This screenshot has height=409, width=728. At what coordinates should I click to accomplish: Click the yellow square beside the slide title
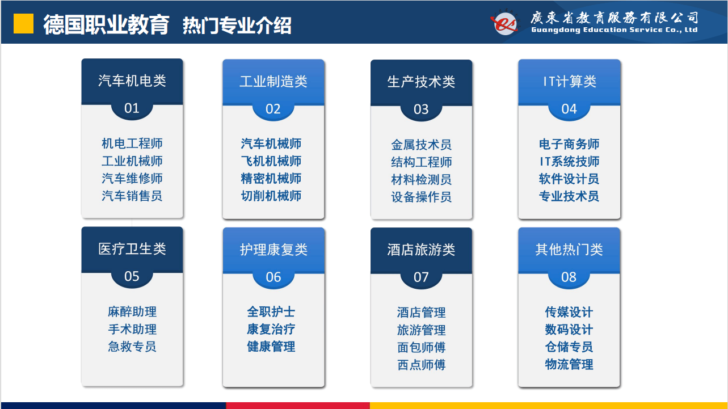(x=23, y=23)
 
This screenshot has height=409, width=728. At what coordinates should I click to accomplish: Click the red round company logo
(x=505, y=23)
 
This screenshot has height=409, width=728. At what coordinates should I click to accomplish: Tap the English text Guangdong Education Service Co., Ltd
(x=615, y=30)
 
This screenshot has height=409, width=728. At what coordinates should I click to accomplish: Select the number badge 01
(x=132, y=108)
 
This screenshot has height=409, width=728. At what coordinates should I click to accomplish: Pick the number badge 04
(x=569, y=109)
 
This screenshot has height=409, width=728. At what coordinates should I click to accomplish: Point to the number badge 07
(x=421, y=277)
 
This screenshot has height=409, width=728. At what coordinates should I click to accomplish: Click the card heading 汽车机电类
(x=132, y=81)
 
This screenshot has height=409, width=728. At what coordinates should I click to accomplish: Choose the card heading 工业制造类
(x=273, y=81)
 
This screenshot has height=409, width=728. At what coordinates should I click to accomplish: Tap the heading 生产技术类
(x=421, y=82)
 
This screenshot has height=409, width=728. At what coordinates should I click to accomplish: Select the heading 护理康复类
(x=273, y=250)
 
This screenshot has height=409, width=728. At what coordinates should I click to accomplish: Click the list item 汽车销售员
(x=132, y=196)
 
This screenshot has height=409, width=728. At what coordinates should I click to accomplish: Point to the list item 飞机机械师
(x=271, y=161)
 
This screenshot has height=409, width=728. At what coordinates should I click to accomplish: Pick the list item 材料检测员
(x=421, y=179)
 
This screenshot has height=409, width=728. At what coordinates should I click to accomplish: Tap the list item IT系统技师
(x=569, y=162)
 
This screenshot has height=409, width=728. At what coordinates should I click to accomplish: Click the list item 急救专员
(x=132, y=347)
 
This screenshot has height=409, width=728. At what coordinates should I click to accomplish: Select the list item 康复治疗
(x=271, y=329)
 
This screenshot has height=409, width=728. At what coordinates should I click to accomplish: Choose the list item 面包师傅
(x=421, y=347)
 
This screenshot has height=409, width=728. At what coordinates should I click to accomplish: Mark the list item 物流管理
(x=569, y=364)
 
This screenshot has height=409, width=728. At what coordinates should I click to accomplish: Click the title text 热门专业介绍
(x=237, y=26)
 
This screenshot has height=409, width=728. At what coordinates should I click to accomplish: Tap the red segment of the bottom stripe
(x=298, y=406)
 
